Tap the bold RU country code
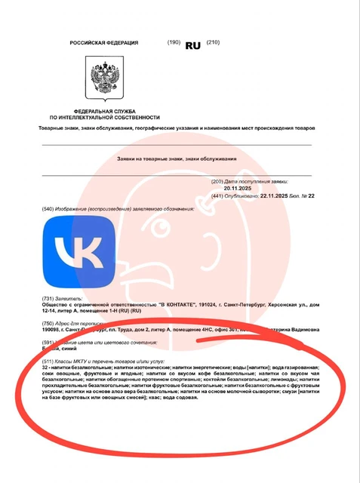coord(192,45)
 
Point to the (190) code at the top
coord(174,42)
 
